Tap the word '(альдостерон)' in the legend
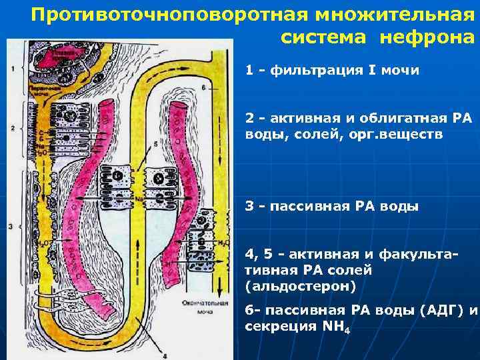click(301, 286)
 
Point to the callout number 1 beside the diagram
click(13, 69)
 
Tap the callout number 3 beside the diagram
click(11, 227)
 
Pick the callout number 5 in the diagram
click(155, 143)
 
